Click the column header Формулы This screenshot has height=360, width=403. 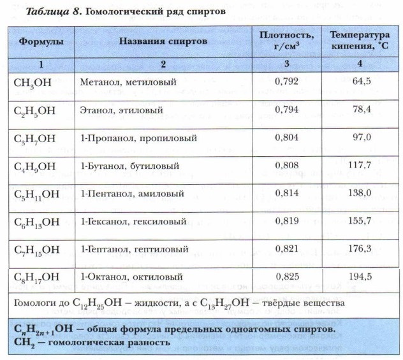tap(40, 41)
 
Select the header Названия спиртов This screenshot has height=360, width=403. tap(163, 41)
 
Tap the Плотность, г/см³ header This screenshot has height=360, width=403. tap(287, 39)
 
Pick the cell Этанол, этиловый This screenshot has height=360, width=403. tap(121, 110)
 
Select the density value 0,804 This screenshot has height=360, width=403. tap(286, 137)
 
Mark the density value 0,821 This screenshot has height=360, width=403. tap(286, 248)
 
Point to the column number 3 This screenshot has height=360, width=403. tap(287, 64)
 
